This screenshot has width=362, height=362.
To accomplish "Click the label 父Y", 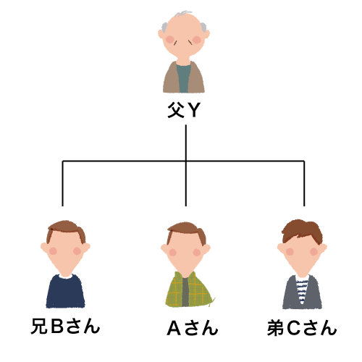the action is point(184,110).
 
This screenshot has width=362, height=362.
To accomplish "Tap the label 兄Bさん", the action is point(65,327).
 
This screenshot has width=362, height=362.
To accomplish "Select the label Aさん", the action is point(193,328).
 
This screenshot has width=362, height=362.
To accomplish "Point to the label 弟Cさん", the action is point(302,328).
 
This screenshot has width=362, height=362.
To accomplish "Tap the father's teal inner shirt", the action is point(183,78).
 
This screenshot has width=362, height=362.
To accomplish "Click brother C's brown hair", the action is point(302,230).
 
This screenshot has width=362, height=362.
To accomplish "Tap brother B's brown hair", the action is point(66,228).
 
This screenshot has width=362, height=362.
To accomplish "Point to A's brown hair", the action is point(186,230).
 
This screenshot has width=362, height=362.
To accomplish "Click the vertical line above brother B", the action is point(63,183).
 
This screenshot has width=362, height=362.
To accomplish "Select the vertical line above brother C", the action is point(304,183).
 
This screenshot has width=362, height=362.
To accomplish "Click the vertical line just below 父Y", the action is point(186,166).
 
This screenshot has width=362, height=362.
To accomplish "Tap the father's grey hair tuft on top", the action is point(184,13).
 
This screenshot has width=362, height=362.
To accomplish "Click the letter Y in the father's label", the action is point(194,110).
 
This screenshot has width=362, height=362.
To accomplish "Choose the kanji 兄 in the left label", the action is point(39,327).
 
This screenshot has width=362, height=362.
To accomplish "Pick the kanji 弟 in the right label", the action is point(275,328).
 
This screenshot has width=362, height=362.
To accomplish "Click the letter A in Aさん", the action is point(174,328).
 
